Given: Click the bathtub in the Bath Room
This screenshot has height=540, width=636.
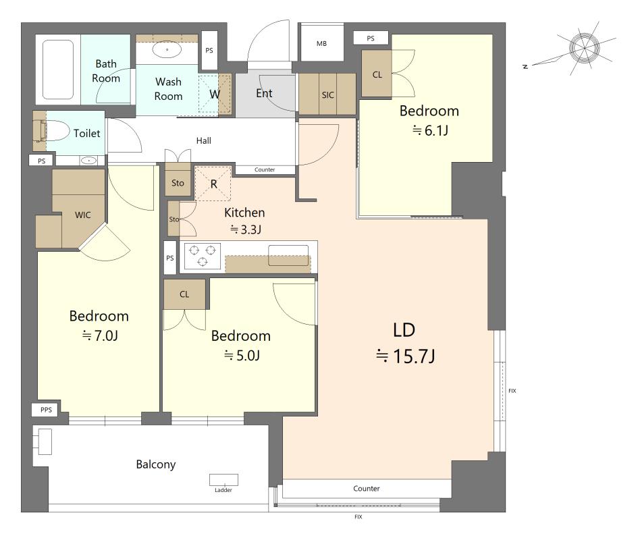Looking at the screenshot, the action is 58,70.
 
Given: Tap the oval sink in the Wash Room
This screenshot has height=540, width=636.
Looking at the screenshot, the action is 167,50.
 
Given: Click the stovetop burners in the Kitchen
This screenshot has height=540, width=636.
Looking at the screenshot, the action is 203,256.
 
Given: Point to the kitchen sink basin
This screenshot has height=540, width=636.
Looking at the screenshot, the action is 288,255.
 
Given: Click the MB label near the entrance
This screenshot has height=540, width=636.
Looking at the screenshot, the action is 321,43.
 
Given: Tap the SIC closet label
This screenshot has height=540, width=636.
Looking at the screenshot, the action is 327,95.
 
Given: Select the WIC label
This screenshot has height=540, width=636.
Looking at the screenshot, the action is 83,215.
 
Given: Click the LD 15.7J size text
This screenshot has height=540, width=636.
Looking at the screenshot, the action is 405,356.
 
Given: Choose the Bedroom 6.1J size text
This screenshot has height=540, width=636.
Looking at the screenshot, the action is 430,130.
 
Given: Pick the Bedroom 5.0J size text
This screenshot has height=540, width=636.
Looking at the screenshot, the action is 242,356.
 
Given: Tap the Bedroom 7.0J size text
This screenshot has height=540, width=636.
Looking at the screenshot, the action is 100,335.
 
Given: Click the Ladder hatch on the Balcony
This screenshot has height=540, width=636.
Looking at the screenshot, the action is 223,480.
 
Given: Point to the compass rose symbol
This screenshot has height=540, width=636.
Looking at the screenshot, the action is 584,48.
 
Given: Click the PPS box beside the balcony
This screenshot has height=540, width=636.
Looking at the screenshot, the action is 46,410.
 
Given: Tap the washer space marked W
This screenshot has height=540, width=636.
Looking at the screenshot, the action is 214,94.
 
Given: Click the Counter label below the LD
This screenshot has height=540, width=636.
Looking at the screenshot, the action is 366,489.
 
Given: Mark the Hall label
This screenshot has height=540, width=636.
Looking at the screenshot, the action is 204,140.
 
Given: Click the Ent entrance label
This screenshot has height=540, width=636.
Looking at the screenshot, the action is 264,93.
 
